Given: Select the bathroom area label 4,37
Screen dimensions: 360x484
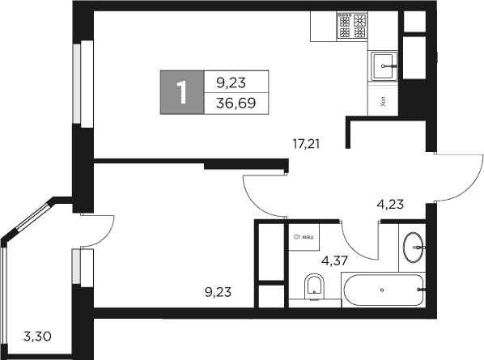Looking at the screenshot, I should (336, 260).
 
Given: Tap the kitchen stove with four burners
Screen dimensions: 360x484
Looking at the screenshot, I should (353, 27).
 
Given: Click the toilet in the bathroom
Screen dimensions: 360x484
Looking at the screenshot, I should (313, 287).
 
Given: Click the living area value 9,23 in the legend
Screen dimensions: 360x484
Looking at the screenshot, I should (230, 81).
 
